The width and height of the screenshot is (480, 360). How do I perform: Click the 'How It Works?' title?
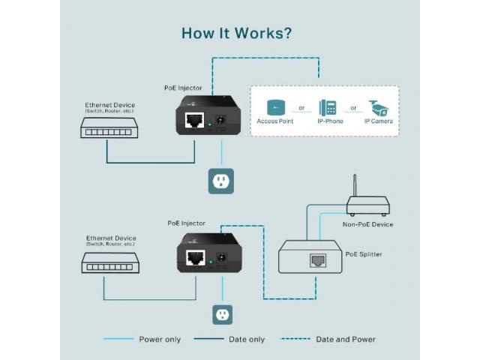tap(237, 33)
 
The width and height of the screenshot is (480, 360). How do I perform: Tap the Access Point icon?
tap(276, 107)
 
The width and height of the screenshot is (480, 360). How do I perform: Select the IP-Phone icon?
tap(328, 108)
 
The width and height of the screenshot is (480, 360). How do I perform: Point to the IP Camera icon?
tap(378, 108)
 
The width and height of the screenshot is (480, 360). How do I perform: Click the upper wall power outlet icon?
tap(221, 181)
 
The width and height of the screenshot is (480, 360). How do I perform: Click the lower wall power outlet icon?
tap(223, 315)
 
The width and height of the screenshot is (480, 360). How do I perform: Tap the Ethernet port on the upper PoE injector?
tap(195, 120)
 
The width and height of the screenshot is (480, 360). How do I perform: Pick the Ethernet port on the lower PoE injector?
tap(196, 257)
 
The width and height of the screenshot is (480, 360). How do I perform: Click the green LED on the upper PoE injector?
tap(210, 124)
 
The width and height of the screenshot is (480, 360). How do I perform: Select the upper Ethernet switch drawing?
tap(109, 128)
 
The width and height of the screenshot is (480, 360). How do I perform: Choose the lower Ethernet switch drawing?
tap(110, 263)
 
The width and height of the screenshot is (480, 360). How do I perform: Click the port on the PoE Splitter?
tap(318, 260)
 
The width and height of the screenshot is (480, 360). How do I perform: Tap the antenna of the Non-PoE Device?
tap(355, 185)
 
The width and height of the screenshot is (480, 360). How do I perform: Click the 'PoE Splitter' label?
tap(364, 254)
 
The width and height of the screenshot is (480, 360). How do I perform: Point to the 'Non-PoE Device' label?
tap(367, 224)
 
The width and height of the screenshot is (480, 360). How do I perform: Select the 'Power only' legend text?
tap(160, 339)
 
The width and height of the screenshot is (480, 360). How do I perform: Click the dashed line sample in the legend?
tap(295, 339)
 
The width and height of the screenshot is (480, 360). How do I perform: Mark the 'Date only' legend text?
tap(247, 339)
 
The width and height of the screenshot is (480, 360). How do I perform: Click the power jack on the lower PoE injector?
tap(222, 257)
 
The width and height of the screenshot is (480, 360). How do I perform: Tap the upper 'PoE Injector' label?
tap(183, 88)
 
